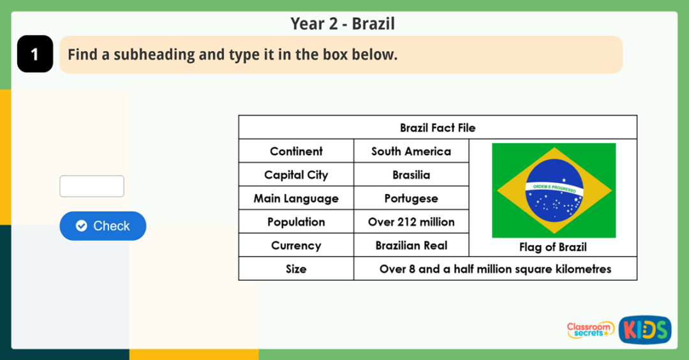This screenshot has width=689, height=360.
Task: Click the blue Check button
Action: (x=103, y=226)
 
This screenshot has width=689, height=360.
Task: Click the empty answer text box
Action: (x=92, y=186)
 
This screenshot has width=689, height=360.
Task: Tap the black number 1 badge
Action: (x=34, y=54)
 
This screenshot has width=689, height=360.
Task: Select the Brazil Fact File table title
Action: (x=438, y=128)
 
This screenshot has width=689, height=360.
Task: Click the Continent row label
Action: (x=296, y=151)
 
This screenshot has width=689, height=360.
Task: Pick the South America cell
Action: (x=411, y=151)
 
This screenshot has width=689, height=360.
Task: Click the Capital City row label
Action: (x=296, y=175)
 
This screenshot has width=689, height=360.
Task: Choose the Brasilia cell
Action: (x=411, y=175)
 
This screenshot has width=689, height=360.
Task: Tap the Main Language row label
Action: (x=296, y=199)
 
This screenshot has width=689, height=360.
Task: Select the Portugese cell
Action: (x=411, y=199)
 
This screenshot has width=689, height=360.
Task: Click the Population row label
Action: (x=296, y=222)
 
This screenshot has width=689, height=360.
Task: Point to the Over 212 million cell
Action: (x=411, y=222)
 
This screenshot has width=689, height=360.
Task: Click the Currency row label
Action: (x=296, y=246)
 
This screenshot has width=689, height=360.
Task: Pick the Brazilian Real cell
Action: (x=411, y=246)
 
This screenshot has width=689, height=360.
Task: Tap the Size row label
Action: (x=296, y=269)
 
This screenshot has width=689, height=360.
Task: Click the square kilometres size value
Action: (x=495, y=269)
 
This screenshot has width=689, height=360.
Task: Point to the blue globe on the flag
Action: (x=554, y=191)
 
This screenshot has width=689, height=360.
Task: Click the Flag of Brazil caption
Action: (x=552, y=247)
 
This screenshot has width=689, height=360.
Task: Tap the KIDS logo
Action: (x=644, y=330)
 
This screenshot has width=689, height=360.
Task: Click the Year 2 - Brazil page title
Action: (x=343, y=24)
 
